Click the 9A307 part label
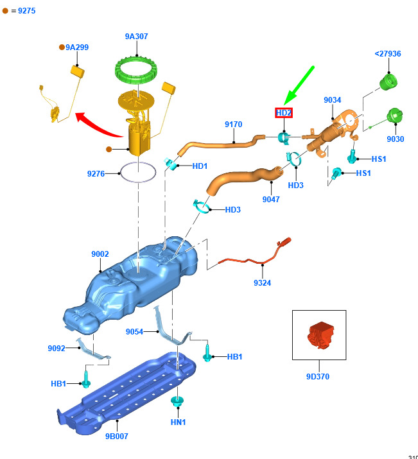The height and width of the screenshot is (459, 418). pos(136,37)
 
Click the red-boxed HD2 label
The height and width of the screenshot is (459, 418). pos(284,113)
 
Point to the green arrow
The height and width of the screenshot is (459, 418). pos(299,85)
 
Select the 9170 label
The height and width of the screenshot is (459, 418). pos(233,125)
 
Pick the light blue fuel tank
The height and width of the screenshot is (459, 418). pos(130,286)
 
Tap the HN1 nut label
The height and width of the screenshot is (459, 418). pos(178,422)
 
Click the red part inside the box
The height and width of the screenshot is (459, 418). pos(320,336)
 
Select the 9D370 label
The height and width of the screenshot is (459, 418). pos(318,376)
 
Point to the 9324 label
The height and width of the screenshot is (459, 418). pos(262,282)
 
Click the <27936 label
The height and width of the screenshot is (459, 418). pos(388,53)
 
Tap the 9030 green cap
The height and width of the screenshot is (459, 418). pos(395,116)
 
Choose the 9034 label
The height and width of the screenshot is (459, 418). pos(332,100)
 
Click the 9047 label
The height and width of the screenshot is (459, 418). pos(271,200)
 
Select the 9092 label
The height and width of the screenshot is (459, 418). pos(57,349)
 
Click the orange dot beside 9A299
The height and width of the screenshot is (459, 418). pos(62,47)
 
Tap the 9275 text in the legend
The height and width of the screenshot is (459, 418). pos(26,11)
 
